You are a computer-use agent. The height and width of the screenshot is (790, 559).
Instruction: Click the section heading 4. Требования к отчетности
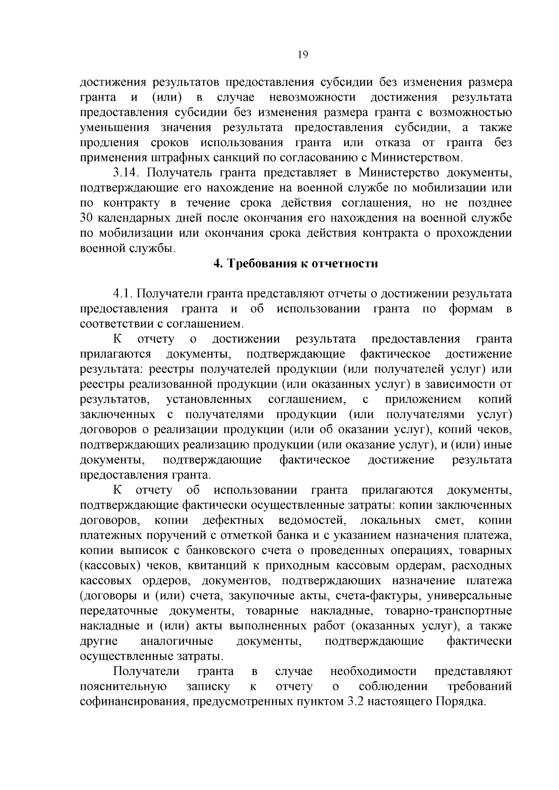[x=295, y=263]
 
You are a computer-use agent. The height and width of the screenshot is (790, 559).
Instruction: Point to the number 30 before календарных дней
[x=87, y=218]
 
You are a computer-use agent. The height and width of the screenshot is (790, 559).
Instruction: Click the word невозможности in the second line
[x=313, y=97]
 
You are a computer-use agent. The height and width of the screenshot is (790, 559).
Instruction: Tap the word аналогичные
[x=177, y=641]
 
